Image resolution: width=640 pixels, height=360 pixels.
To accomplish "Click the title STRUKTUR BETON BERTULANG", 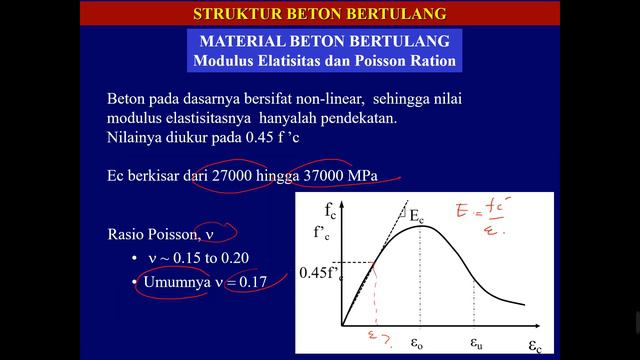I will click(319, 14).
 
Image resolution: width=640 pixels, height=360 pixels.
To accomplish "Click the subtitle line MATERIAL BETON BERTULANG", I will click(323, 42).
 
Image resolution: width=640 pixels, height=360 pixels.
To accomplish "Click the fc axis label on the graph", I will click(328, 212).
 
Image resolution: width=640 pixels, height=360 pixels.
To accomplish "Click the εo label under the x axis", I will click(419, 340).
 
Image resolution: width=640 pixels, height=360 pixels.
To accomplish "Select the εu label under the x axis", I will click(478, 340).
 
